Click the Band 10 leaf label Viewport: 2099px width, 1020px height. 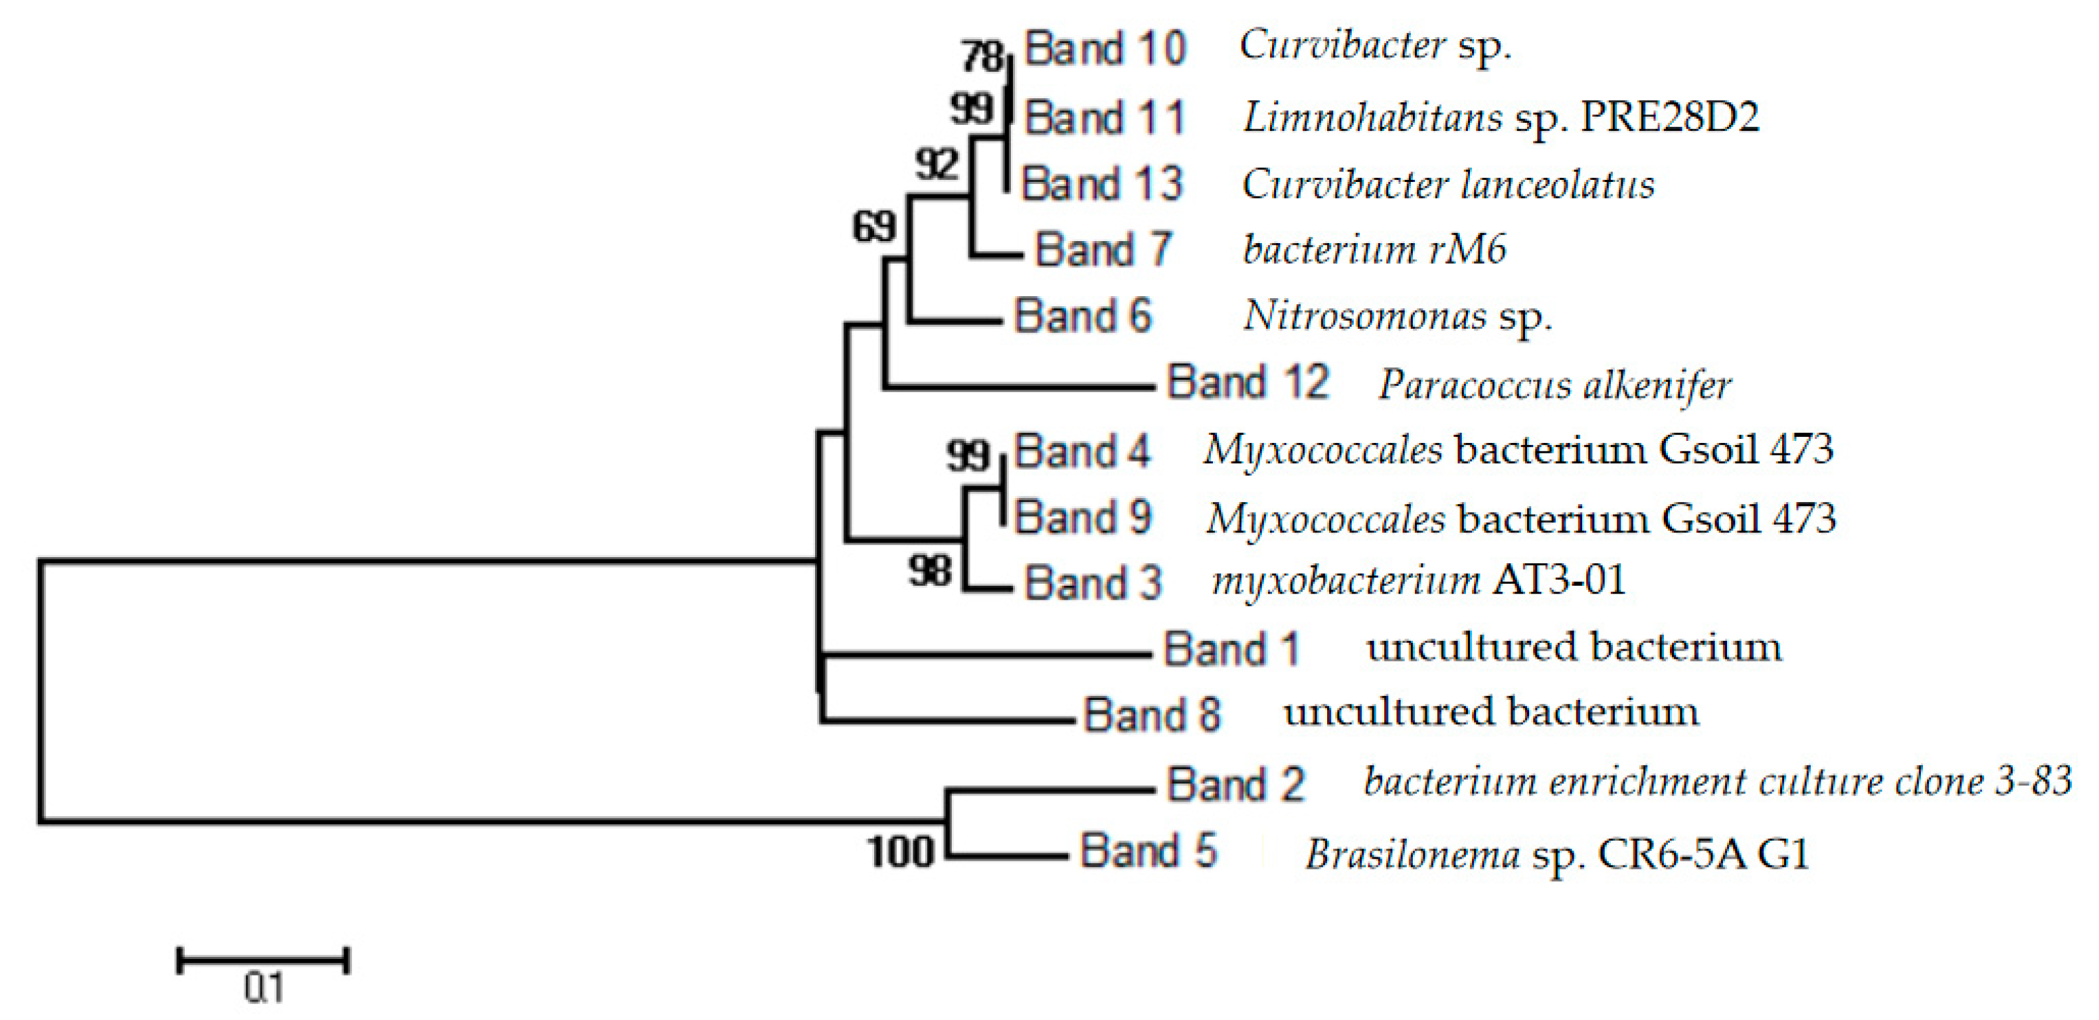pyautogui.click(x=1105, y=49)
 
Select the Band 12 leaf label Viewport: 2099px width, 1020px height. pyautogui.click(x=1247, y=382)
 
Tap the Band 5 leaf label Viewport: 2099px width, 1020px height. pyautogui.click(x=1148, y=851)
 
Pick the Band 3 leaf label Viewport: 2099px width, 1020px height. pyautogui.click(x=1093, y=583)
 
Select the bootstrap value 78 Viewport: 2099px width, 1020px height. pyautogui.click(x=982, y=57)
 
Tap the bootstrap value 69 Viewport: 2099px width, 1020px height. pyautogui.click(x=874, y=226)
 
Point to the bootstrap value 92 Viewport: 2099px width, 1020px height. pyautogui.click(x=936, y=165)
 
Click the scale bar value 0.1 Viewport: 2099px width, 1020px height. pyautogui.click(x=263, y=988)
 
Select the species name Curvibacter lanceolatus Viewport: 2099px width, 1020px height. pyautogui.click(x=1448, y=185)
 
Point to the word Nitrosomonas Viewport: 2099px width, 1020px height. pyautogui.click(x=1365, y=316)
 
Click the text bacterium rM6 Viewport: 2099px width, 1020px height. pyautogui.click(x=1374, y=249)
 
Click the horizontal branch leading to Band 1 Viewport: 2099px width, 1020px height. pyautogui.click(x=986, y=653)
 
